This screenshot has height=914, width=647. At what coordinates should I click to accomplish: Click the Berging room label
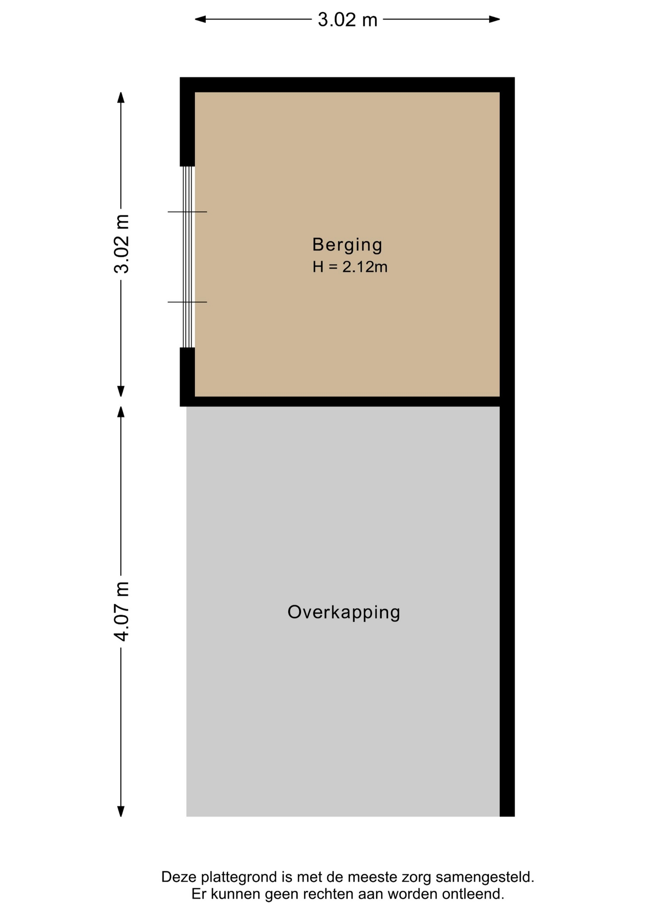point(347,245)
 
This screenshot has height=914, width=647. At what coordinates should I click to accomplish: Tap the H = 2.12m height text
point(350,267)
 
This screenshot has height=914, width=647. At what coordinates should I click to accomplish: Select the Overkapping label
point(344,612)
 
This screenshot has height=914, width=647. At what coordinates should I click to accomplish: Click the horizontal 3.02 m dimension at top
point(347,20)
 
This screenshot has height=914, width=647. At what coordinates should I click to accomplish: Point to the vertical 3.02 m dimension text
point(121,244)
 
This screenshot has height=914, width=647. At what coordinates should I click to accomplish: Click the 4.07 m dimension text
point(121,611)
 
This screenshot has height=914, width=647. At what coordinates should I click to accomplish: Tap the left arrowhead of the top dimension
point(200,20)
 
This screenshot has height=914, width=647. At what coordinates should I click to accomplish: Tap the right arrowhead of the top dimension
point(495,20)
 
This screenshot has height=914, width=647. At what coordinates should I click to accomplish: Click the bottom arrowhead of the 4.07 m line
point(121,811)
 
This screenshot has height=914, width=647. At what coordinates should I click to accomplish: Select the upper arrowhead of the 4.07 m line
point(121,412)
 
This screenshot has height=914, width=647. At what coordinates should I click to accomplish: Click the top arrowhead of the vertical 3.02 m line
point(121,97)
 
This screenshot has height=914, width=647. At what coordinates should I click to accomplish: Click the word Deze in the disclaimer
point(179,877)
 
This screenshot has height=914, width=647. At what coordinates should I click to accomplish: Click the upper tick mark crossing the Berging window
point(187,212)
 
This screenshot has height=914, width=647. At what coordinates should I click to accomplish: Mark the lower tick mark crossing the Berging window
point(187,302)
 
